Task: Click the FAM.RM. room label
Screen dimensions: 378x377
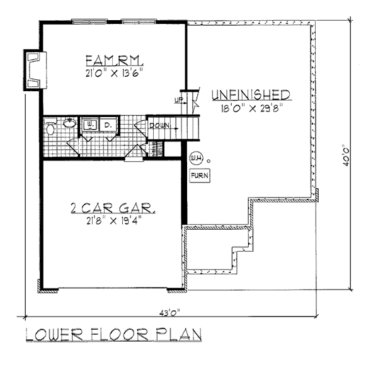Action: [115, 60]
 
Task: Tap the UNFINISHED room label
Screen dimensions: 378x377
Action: [251, 94]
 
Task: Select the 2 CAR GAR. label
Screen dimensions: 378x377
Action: [113, 208]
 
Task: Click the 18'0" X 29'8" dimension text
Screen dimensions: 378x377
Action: [251, 108]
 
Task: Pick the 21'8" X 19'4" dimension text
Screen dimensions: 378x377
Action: [114, 221]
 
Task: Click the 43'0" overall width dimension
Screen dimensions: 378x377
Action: [169, 313]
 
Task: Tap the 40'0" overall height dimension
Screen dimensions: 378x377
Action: [346, 155]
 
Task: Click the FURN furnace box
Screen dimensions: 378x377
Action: [200, 176]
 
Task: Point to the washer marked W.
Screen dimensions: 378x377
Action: [89, 125]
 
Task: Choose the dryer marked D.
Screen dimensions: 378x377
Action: [108, 125]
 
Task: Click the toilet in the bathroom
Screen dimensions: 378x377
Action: [50, 127]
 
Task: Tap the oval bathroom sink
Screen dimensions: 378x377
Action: [70, 123]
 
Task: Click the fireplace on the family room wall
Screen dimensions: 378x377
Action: [35, 70]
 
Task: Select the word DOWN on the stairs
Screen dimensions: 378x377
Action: [159, 125]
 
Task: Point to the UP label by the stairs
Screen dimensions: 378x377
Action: [179, 100]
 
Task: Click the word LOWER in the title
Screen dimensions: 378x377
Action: [54, 334]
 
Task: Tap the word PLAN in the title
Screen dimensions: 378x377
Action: [179, 334]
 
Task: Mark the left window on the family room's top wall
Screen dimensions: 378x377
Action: [89, 21]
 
